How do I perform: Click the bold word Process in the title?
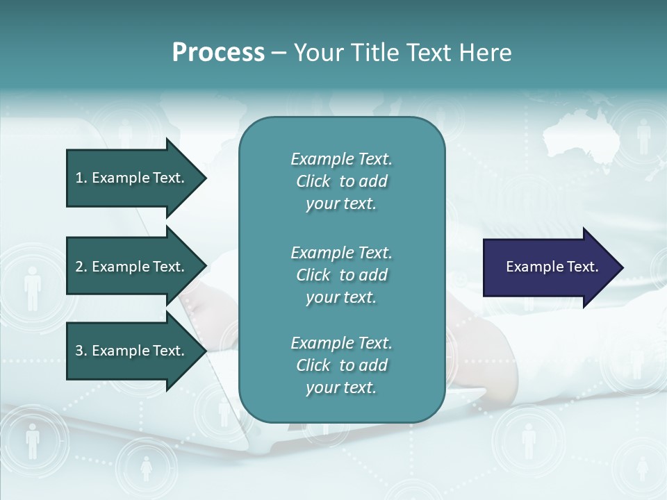218,53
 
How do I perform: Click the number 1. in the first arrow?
81,178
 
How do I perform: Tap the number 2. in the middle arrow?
81,267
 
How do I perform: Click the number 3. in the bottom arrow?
81,351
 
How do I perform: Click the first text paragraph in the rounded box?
341,181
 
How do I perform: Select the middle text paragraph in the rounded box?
341,275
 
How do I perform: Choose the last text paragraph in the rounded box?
341,365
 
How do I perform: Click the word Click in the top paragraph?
313,181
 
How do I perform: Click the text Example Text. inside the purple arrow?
552,267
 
